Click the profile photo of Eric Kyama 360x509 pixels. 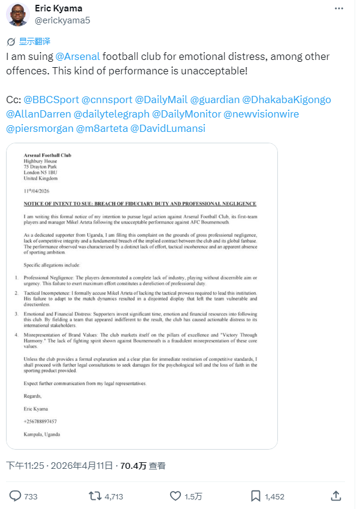pyautogui.click(x=18, y=14)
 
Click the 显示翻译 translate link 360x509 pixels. pyautogui.click(x=34, y=41)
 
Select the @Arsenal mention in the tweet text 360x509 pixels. pyautogui.click(x=77, y=56)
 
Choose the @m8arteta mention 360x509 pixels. pyautogui.click(x=101, y=128)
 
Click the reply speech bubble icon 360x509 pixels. pyautogui.click(x=16, y=496)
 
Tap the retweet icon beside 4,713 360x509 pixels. pyautogui.click(x=95, y=496)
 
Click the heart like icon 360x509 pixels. pyautogui.click(x=176, y=496)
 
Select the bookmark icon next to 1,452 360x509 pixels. pyautogui.click(x=256, y=496)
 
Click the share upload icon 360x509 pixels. pyautogui.click(x=337, y=496)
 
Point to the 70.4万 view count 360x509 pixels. pyautogui.click(x=133, y=465)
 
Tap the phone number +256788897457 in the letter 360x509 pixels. pyautogui.click(x=41, y=421)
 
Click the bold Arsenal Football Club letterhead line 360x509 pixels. pyautogui.click(x=48, y=155)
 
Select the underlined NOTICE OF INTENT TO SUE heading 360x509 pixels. pyautogui.click(x=140, y=204)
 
